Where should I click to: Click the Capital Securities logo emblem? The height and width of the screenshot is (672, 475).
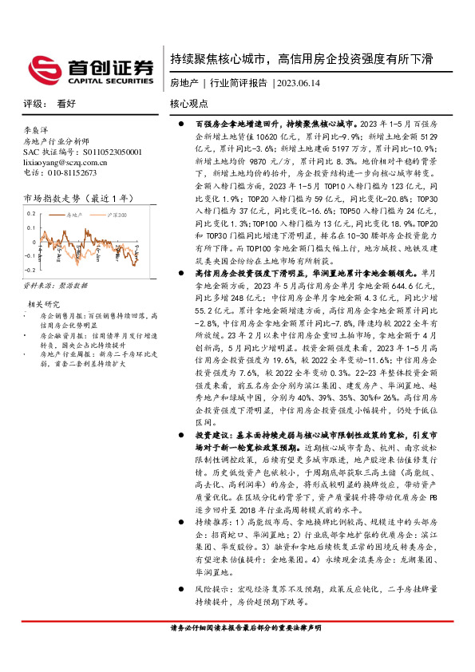pyautogui.click(x=44, y=67)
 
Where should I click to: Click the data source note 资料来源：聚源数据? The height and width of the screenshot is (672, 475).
pyautogui.click(x=55, y=284)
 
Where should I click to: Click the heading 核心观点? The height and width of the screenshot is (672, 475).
pyautogui.click(x=189, y=104)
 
